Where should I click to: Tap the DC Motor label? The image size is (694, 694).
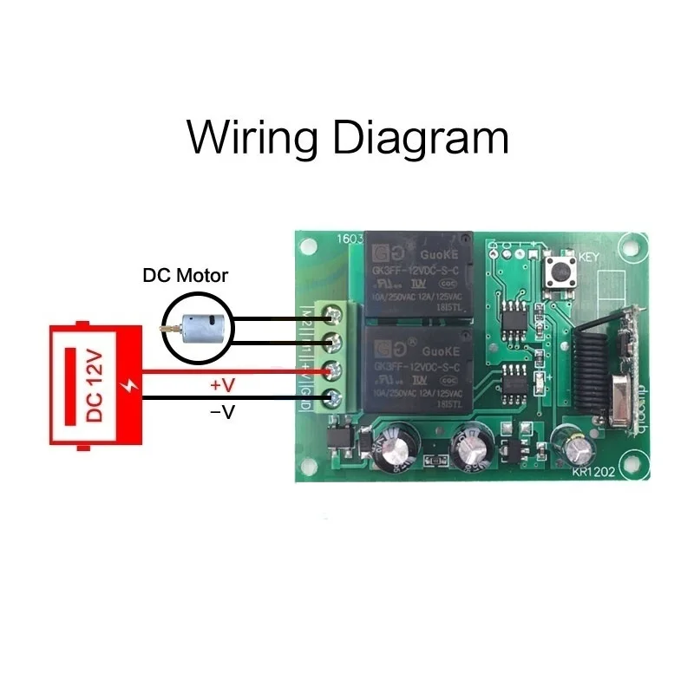pos(185,276)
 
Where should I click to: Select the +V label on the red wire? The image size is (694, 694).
pos(223,384)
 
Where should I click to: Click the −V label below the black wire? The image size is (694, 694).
pos(223,413)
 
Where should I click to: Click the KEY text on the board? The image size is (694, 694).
pos(589,257)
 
